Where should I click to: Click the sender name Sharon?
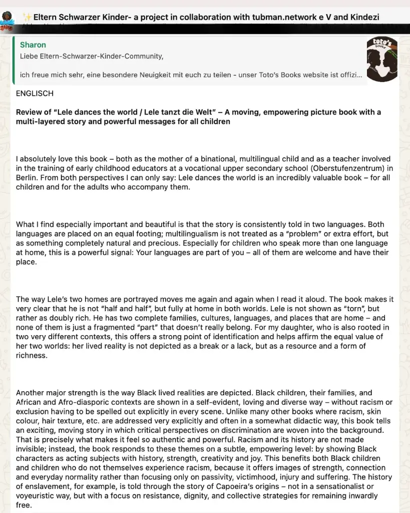(33, 45)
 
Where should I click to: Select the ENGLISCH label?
(35, 94)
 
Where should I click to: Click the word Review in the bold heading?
(29, 112)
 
